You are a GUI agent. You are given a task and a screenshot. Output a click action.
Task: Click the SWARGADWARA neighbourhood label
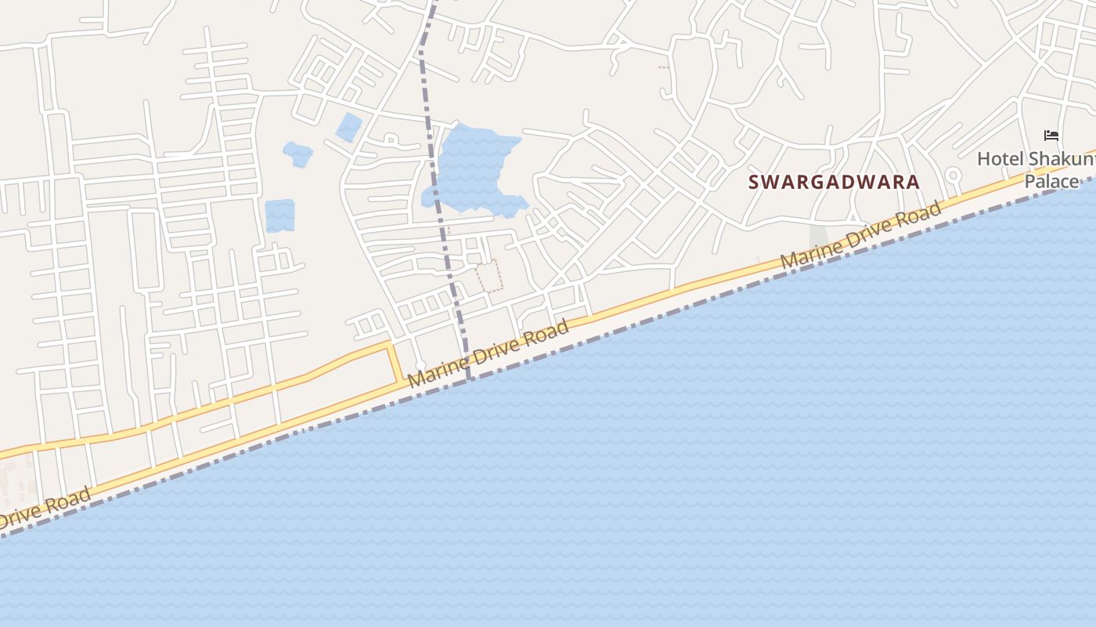[x=834, y=182]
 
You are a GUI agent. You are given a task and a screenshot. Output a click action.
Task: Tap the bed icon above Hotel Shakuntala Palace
[x=1051, y=136]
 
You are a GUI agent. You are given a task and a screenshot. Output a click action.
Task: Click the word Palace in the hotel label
[x=1051, y=182]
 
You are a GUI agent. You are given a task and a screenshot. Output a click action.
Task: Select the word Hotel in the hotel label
[x=1000, y=159]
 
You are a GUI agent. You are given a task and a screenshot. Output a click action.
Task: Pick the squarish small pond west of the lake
[x=279, y=216]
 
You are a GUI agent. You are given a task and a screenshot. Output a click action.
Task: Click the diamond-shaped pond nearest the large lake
[x=348, y=126]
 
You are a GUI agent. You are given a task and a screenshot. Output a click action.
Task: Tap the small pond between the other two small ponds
[x=298, y=154]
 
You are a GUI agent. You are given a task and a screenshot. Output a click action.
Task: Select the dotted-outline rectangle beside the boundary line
[x=490, y=277]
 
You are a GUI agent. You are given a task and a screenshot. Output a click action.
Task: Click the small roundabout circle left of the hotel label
[x=953, y=175]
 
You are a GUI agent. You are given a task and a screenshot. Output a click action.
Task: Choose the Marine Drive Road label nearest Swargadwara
[x=861, y=235]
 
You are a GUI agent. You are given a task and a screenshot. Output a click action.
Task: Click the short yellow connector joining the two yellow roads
[x=395, y=362]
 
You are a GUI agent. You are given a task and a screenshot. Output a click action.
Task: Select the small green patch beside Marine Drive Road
[x=818, y=236]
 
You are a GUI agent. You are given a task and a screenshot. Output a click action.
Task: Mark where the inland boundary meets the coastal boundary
[x=469, y=378]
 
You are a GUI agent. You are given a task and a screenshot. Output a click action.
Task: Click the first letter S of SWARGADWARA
[x=755, y=182]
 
